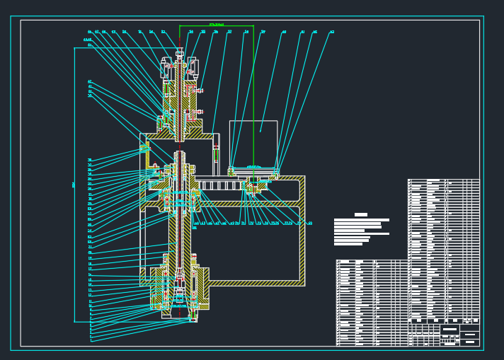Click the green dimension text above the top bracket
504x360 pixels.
pyautogui.click(x=217, y=25)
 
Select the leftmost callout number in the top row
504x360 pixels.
pyautogui.click(x=90, y=32)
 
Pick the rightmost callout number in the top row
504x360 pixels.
pyautogui.click(x=332, y=32)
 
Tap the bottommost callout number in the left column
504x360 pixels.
pyautogui.click(x=91, y=340)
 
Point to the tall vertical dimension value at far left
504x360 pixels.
pyautogui.click(x=74, y=185)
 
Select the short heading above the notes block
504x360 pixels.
pyautogui.click(x=361, y=214)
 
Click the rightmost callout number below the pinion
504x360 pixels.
pyautogui.click(x=310, y=223)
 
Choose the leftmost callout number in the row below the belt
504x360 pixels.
pyautogui.click(x=196, y=223)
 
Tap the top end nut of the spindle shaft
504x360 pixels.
pyautogui.click(x=180, y=52)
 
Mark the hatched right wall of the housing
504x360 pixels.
pyautogui.click(x=302, y=230)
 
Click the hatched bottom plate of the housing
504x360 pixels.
pyautogui.click(x=255, y=283)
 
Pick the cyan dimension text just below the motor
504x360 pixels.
pyautogui.click(x=253, y=167)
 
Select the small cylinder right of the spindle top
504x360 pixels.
pyautogui.click(x=195, y=67)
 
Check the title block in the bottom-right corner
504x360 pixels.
pyautogui.click(x=459, y=335)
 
